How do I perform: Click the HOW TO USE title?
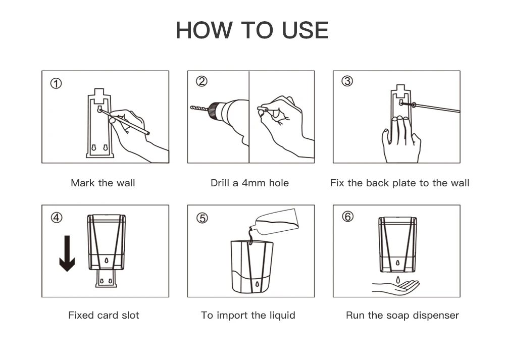click(x=252, y=30)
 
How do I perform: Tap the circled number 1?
click(x=56, y=84)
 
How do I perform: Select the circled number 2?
click(x=201, y=81)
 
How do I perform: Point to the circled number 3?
click(x=347, y=81)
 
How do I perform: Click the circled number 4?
click(x=57, y=218)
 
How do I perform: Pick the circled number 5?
click(x=203, y=218)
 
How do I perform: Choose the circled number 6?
click(x=347, y=217)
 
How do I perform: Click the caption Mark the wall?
click(x=103, y=183)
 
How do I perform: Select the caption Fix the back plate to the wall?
click(x=399, y=183)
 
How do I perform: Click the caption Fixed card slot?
click(x=104, y=315)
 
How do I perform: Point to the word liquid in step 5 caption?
click(x=282, y=315)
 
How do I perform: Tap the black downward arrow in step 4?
click(x=67, y=253)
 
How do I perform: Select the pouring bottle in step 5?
click(x=274, y=222)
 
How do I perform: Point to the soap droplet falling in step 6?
click(x=398, y=280)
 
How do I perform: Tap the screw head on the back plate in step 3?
click(x=401, y=103)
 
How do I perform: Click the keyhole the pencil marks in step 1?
click(x=99, y=109)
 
